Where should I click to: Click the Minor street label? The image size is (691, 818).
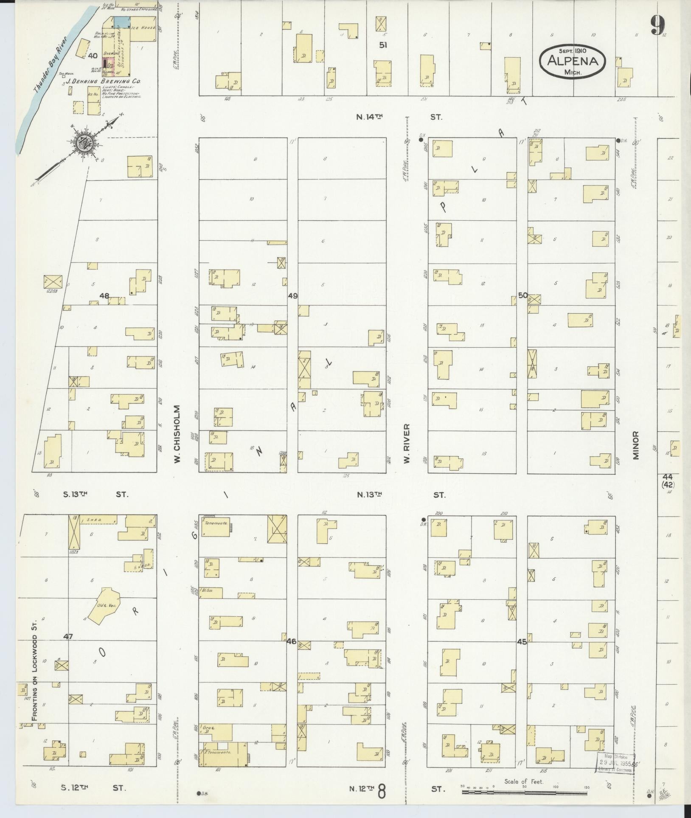pos(636,445)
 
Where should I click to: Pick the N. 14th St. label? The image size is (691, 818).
pos(399,117)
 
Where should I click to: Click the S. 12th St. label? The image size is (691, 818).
pos(93,788)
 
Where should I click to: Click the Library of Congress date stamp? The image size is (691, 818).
pos(615,763)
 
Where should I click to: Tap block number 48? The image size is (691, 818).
pos(104,295)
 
